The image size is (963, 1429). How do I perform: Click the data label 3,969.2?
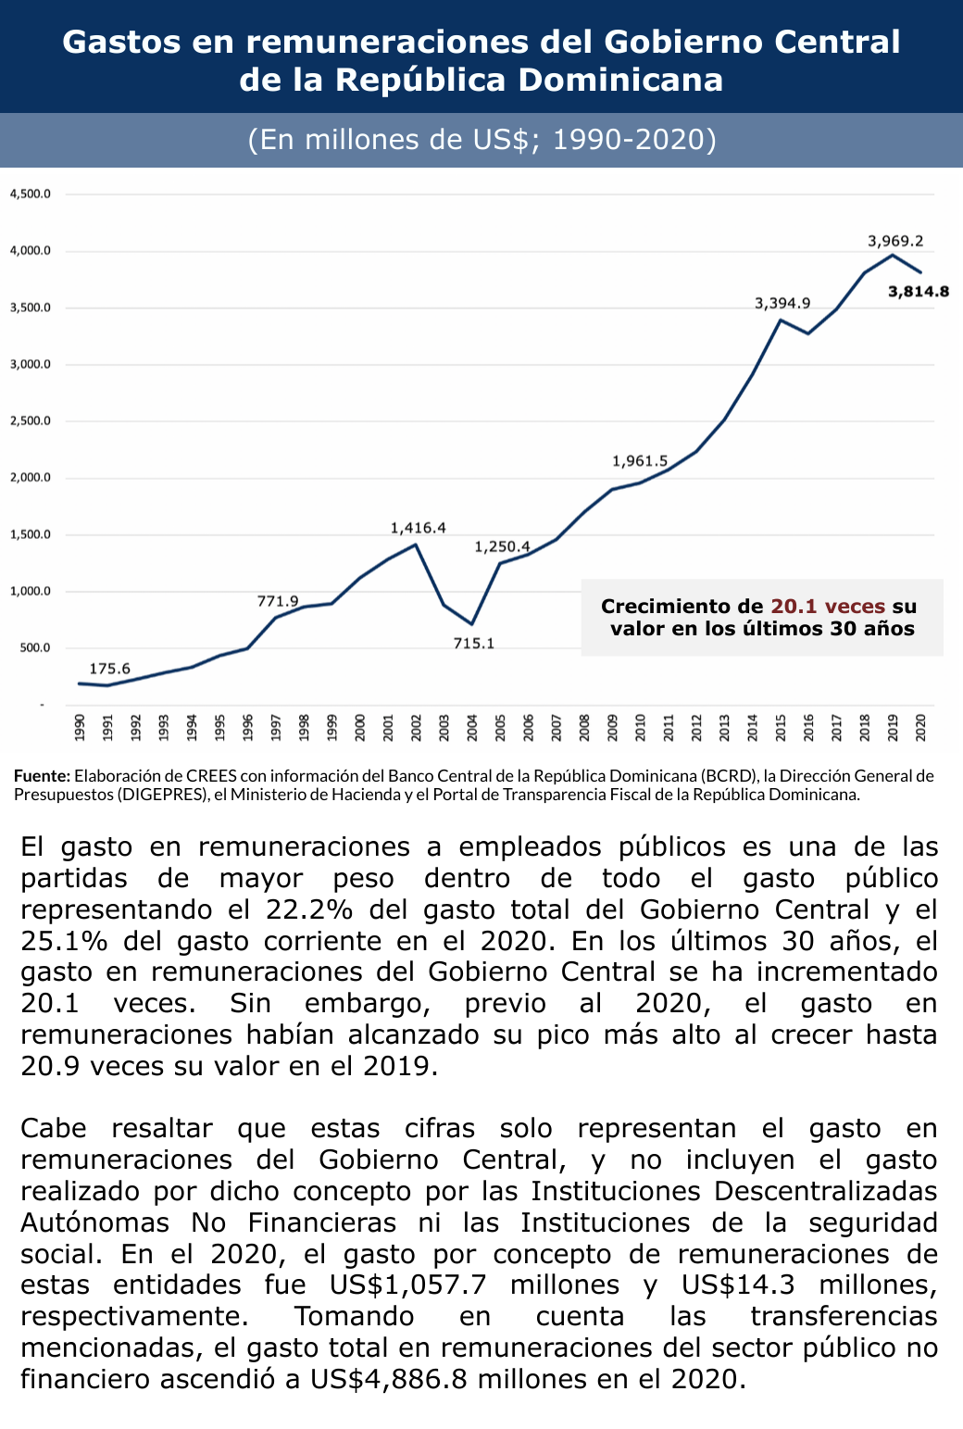tap(894, 241)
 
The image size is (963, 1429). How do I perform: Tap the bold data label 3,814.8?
tap(918, 292)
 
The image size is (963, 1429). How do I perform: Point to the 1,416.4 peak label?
tap(418, 528)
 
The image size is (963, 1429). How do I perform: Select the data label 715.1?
tap(473, 644)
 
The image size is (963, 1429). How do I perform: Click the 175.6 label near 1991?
tap(109, 669)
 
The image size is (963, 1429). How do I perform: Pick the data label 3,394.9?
tap(782, 303)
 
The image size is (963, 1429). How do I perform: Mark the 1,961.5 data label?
tap(639, 461)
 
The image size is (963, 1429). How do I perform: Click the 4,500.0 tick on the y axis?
tap(30, 194)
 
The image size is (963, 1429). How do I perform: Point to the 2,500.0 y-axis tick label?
tap(30, 421)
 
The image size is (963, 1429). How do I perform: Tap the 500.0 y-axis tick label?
tap(34, 648)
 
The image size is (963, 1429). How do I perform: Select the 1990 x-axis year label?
tap(80, 727)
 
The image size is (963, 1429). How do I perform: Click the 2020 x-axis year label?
tap(920, 727)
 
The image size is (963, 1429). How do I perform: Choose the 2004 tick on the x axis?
tap(472, 727)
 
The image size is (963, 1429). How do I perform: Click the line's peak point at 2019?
tap(893, 255)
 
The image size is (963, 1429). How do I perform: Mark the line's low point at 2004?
tap(472, 624)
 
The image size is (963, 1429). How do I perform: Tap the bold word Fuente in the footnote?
tap(42, 776)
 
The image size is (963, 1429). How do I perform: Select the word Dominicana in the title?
tap(620, 80)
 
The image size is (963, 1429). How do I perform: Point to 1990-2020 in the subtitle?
tap(634, 140)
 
